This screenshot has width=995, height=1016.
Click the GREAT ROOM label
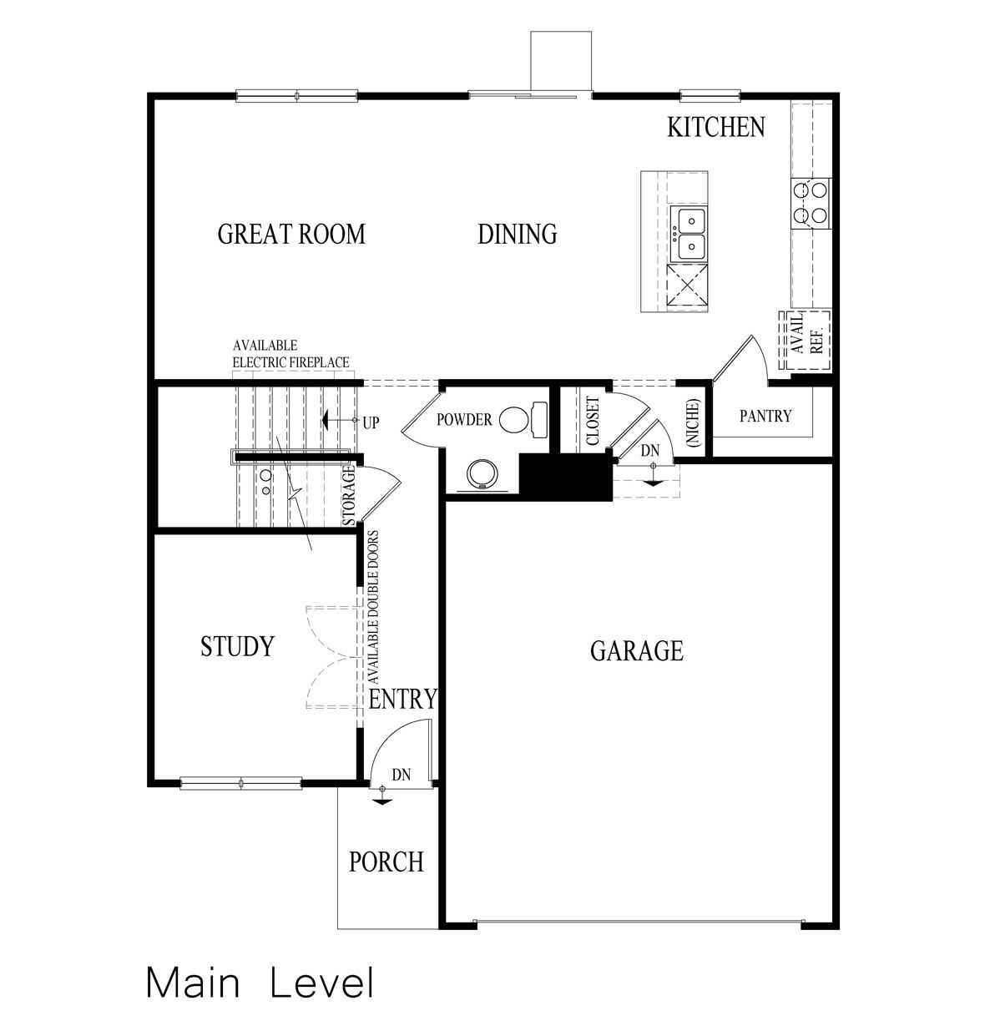[x=291, y=235]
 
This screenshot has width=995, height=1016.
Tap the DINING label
[x=517, y=235]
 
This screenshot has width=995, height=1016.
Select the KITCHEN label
[x=715, y=128]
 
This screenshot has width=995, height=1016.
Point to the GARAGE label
[x=636, y=651]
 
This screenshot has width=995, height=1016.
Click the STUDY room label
[x=237, y=647]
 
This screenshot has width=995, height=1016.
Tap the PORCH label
[x=386, y=862]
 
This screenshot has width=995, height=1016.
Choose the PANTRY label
[x=765, y=416]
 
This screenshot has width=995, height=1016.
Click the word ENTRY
[x=402, y=699]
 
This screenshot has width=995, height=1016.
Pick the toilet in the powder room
[x=523, y=417]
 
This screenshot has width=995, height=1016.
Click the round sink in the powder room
[x=482, y=475]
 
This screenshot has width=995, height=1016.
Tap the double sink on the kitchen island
[x=689, y=235]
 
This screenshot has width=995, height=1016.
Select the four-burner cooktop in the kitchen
[x=810, y=203]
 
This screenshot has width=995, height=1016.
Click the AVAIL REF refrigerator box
[x=805, y=340]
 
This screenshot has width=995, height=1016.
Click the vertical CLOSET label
[x=593, y=421]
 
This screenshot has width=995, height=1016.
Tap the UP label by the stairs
[x=371, y=422]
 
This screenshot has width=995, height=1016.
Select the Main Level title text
[x=260, y=983]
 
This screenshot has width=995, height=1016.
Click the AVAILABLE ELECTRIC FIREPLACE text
[x=290, y=354]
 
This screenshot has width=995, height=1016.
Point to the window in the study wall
[x=240, y=783]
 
